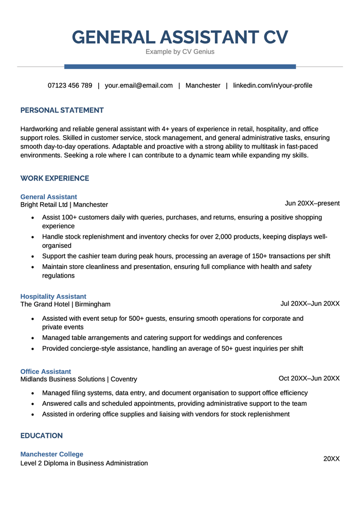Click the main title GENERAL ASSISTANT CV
pos(180,37)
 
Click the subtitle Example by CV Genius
pos(180,52)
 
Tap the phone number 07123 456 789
pos(70,85)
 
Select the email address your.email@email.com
pos(139,85)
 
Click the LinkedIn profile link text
pos(273,85)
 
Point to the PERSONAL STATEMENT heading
pos(62,110)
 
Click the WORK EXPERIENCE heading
pos(55,178)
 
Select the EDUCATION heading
pos(42,435)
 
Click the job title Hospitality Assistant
pos(53,296)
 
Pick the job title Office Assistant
pos(46,371)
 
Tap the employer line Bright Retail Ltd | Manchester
pos(64,205)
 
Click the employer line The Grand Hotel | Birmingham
pos(65,304)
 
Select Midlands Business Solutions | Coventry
pos(79,379)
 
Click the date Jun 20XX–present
pos(312,203)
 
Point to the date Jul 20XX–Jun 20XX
pos(310,303)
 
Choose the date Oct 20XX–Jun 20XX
pos(309,378)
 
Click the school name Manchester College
pos(52,454)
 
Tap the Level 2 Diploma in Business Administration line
pos(84,463)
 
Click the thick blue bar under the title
pos(180,66)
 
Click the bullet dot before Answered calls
pos(32,404)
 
